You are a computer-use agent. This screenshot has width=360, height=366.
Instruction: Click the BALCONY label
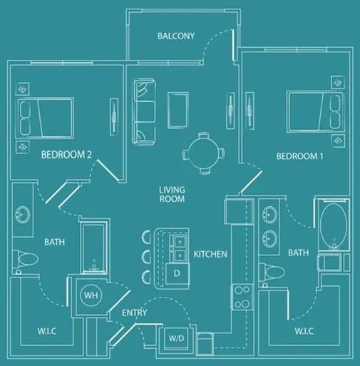click(176, 36)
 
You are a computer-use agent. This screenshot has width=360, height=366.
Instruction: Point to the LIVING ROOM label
click(172, 194)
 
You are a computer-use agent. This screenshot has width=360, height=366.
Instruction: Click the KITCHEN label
click(210, 254)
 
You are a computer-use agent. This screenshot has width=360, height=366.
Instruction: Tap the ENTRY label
click(134, 313)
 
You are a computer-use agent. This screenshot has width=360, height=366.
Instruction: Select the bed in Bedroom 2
click(46, 117)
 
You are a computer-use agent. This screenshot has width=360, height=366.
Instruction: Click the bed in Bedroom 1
click(313, 113)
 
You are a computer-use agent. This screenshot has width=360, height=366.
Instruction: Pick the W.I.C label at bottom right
click(306, 332)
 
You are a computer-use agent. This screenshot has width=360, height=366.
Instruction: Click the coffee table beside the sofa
click(178, 108)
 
